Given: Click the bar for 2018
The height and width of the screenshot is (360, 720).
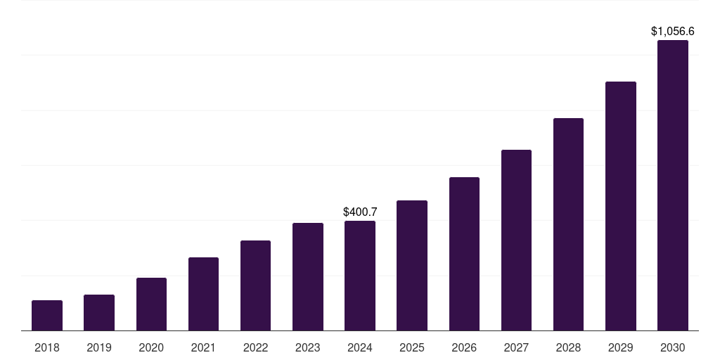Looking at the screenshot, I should click(x=47, y=315).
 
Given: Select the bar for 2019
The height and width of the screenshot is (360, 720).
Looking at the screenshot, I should click(x=99, y=312).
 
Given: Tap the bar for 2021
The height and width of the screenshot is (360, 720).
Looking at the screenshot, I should click(x=203, y=294).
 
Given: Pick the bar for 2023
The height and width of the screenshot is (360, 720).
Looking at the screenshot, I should click(x=308, y=276).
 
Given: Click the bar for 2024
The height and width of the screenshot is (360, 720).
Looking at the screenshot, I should click(x=360, y=276).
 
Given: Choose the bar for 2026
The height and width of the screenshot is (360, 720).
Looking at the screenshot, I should click(x=464, y=254).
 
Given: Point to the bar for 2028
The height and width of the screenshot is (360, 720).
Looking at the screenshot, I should click(x=568, y=224).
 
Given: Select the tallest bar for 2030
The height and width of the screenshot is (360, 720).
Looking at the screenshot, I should click(x=673, y=185).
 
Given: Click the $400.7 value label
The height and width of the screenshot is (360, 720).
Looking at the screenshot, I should click(x=360, y=212).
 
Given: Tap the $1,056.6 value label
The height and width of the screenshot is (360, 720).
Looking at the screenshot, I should click(x=673, y=31).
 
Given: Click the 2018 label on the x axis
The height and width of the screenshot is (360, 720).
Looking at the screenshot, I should click(x=47, y=347).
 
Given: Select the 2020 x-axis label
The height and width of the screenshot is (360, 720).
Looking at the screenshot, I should click(x=151, y=347).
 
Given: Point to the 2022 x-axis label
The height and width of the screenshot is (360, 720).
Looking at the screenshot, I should click(x=255, y=347).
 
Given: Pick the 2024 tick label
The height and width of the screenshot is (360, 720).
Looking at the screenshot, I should click(x=360, y=347).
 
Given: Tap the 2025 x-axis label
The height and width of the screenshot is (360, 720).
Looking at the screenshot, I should click(x=412, y=347).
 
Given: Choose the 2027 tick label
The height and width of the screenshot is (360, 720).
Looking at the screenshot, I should click(x=516, y=347).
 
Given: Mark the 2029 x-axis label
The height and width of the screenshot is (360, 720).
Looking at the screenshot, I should click(x=621, y=347).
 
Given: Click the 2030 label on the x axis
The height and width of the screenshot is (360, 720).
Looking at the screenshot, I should click(x=673, y=347).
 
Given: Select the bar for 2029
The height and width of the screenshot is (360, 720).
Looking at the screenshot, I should click(x=621, y=206).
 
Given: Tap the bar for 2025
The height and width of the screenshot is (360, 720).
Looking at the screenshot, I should click(x=412, y=265).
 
